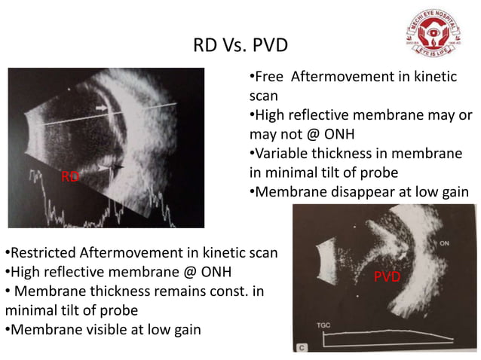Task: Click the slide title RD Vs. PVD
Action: tap(240, 46)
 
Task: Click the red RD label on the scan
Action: tap(70, 177)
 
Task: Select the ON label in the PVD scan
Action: tap(443, 243)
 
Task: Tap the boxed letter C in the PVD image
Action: tap(302, 348)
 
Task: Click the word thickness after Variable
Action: tap(346, 154)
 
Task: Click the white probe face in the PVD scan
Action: tap(325, 261)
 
